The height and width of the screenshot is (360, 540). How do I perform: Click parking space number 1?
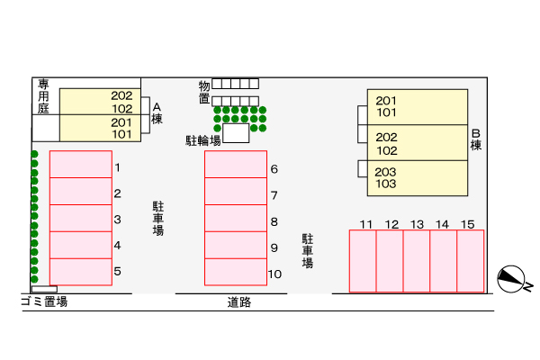coord(81,165)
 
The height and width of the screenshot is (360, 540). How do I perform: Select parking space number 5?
coord(81,271)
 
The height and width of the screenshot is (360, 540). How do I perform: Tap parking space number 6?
coord(236,165)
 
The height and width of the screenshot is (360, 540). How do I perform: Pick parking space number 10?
coord(236,271)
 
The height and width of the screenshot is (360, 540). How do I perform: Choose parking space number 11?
coord(363,261)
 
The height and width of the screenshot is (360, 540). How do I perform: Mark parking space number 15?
coord(470,261)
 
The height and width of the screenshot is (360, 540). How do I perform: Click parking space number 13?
coord(417,261)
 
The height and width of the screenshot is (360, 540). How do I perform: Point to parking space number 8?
coord(236,219)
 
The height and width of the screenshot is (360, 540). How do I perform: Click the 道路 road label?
coord(239,302)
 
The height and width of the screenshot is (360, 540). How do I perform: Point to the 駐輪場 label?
coord(202,140)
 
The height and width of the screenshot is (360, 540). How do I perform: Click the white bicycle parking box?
coord(236,133)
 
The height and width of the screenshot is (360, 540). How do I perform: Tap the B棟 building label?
coord(476,139)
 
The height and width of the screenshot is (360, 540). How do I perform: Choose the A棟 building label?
coord(157,112)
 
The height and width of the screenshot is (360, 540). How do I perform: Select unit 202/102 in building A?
coord(99,102)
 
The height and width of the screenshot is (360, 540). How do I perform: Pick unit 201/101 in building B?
coord(417,106)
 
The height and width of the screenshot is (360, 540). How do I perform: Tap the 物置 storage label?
coord(204,92)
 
